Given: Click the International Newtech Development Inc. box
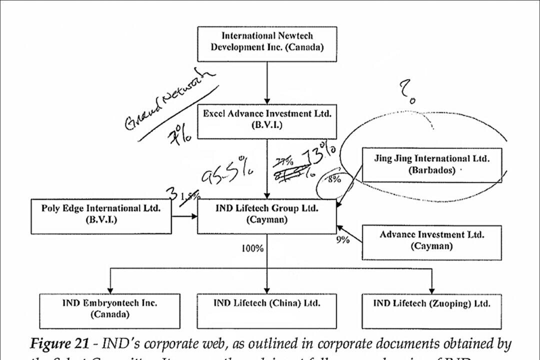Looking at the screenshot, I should tap(266, 43).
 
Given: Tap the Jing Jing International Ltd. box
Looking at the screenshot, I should tap(431, 164).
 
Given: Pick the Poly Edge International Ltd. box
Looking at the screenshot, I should tap(101, 215).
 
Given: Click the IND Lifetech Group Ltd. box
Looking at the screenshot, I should tap(266, 215).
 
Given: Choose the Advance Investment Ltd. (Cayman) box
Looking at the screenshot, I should tap(431, 242).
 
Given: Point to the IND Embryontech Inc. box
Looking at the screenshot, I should tap(109, 309).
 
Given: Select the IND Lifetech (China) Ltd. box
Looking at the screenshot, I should tap(266, 309).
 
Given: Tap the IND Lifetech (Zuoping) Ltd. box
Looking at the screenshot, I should tap(431, 309).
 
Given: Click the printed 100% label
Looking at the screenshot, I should tap(252, 248).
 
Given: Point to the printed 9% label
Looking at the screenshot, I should tap(342, 239).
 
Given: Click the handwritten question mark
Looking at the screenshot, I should tap(406, 92).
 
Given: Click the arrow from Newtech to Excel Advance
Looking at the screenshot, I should tap(266, 82).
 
